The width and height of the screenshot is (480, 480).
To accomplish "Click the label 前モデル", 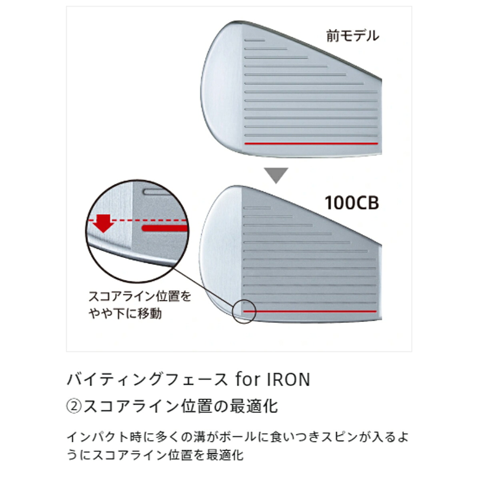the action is pos(352,36).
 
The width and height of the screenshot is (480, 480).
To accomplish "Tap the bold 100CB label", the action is pos(352,203).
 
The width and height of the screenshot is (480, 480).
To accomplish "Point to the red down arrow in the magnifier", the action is pos(103,223).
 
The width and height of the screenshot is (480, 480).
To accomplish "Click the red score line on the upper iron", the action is pos(311,144).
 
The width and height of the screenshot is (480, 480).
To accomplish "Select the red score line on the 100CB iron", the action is pos(310,311).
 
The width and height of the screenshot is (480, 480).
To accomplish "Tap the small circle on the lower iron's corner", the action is pos(244,311).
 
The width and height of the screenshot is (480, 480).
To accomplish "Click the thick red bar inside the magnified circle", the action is pos(164,228).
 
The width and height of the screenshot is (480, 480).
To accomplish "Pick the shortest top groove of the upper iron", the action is pos(254,40).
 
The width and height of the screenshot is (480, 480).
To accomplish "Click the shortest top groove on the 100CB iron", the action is pos(257,208).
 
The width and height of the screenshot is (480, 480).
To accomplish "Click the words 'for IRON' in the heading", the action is pos(273,380).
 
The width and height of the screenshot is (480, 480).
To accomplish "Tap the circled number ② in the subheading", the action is pos(74,406).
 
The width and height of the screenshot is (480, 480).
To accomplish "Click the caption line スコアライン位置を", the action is pos(140,296).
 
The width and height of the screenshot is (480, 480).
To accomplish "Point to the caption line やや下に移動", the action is pos(125,313).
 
